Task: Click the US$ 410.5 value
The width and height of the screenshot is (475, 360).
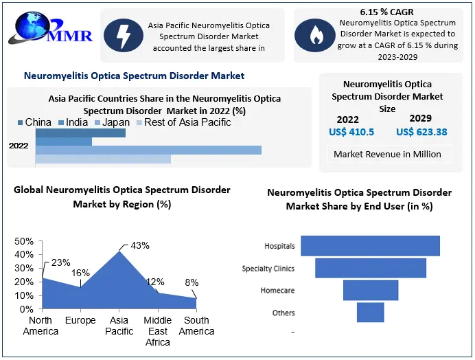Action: click(351, 132)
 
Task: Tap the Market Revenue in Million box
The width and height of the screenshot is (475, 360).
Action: click(387, 154)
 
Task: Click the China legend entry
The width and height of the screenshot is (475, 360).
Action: click(34, 122)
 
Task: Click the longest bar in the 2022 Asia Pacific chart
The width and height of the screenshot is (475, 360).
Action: click(148, 150)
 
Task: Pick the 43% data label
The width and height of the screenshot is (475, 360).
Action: click(140, 245)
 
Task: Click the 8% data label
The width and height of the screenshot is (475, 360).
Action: click(192, 282)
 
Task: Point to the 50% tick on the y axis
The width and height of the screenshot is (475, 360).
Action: click(24, 241)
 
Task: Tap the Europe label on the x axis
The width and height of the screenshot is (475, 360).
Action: click(80, 321)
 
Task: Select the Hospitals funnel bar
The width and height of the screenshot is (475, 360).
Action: click(370, 246)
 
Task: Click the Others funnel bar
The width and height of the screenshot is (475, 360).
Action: click(370, 313)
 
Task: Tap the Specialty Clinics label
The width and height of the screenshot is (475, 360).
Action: click(268, 269)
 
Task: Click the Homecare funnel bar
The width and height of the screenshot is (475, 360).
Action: click(371, 291)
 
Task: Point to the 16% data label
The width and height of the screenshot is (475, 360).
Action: click(80, 273)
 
